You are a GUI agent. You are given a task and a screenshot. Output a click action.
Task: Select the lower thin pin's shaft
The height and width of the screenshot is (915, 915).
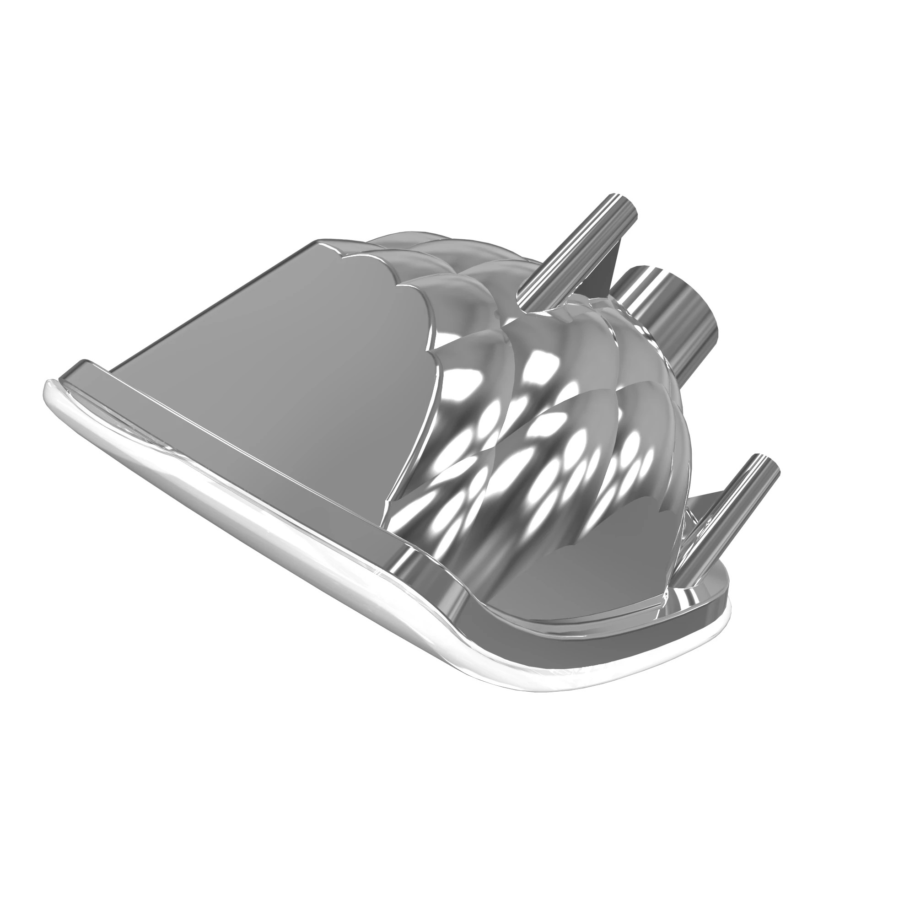725,521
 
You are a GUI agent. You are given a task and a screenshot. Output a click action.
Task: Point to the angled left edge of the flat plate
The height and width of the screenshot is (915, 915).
199,303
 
